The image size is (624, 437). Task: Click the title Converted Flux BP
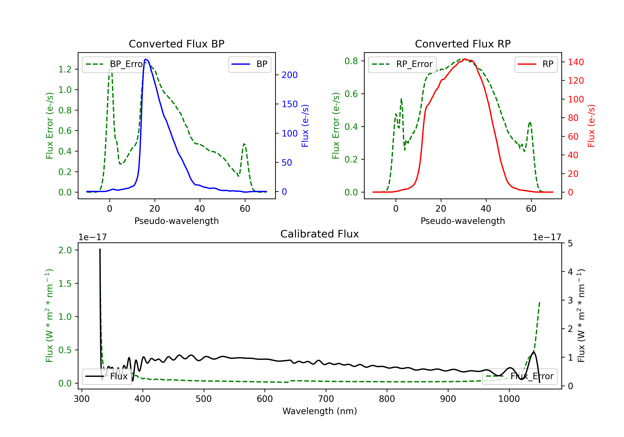pyautogui.click(x=176, y=44)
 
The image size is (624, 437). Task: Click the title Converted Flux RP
pyautogui.click(x=463, y=44)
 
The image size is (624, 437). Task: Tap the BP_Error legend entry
pyautogui.click(x=116, y=64)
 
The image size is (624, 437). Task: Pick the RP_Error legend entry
pyautogui.click(x=402, y=64)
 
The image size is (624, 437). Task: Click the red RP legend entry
pyautogui.click(x=536, y=64)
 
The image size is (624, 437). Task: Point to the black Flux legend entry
pyautogui.click(x=107, y=376)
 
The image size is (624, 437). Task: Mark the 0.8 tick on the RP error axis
pyautogui.click(x=351, y=61)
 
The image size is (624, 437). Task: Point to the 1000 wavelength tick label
pyautogui.click(x=509, y=399)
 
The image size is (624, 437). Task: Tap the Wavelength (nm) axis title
pyautogui.click(x=320, y=411)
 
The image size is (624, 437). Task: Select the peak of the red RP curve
pyautogui.click(x=465, y=59)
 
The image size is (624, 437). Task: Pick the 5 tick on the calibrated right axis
pyautogui.click(x=570, y=243)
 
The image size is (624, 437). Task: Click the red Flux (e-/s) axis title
pyautogui.click(x=591, y=126)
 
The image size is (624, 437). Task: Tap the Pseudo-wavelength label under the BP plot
pyautogui.click(x=176, y=221)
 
